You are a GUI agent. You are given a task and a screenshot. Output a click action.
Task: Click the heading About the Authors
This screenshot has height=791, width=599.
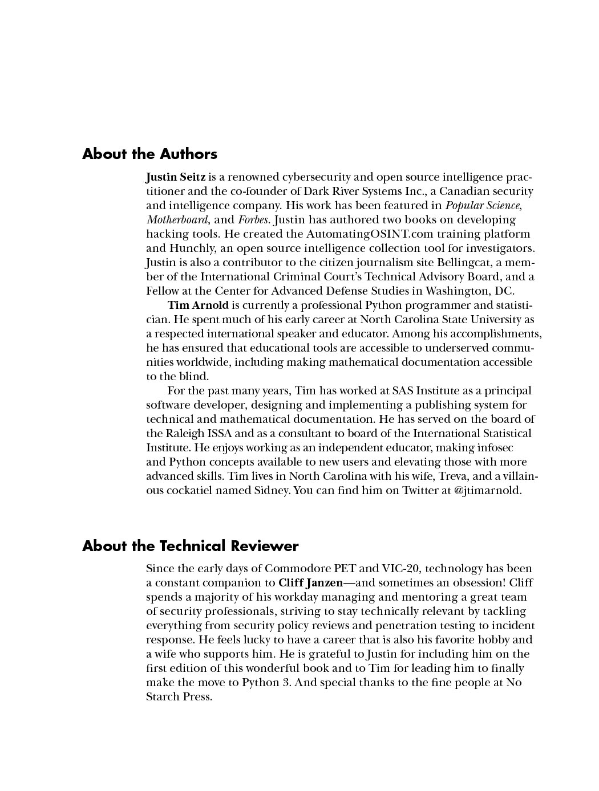(x=149, y=154)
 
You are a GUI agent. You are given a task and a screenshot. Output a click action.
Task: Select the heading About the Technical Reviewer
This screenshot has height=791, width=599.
(x=190, y=546)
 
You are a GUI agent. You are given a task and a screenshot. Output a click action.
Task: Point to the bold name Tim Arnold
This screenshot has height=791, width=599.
(x=198, y=305)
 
